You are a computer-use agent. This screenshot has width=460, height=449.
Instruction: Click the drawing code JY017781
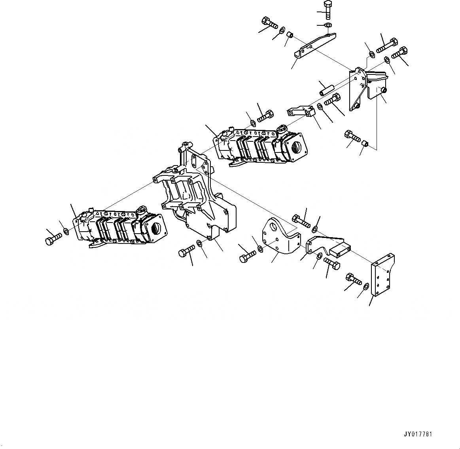(418, 434)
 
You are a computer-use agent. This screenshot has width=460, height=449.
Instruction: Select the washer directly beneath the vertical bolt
(327, 26)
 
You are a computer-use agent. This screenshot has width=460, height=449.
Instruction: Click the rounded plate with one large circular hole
(279, 238)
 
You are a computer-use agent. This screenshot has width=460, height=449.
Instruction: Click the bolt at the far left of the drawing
(53, 239)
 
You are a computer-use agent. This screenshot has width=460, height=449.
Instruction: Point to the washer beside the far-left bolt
(66, 231)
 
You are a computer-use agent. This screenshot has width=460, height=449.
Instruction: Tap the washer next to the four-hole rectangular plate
(366, 286)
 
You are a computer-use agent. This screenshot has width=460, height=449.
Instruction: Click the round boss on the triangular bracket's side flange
(383, 91)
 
